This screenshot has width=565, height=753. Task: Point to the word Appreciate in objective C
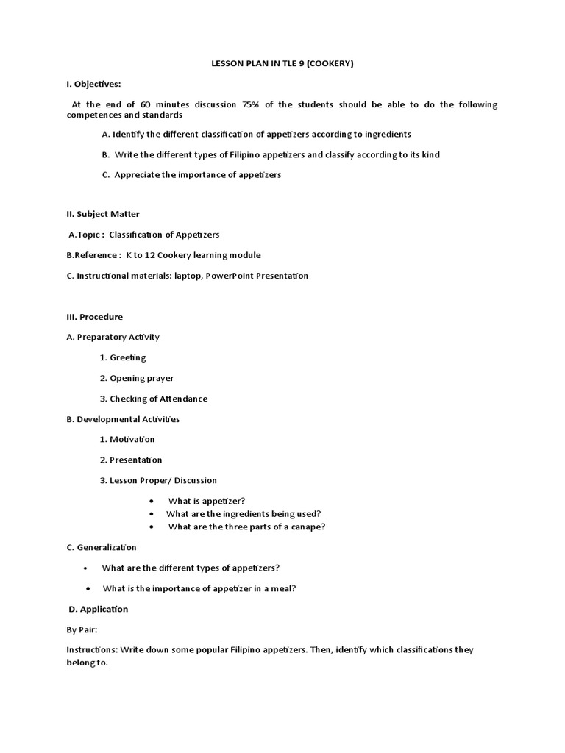coord(138,175)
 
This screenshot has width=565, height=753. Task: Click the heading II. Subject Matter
coord(103,214)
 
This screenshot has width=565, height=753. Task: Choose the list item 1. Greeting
coord(123,357)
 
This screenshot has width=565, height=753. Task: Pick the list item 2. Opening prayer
coord(137,378)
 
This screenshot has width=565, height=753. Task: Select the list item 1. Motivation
coord(127,439)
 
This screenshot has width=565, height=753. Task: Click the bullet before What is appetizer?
coord(152,501)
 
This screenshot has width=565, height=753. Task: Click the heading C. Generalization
coord(102,547)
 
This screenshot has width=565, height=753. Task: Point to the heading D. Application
coord(99,609)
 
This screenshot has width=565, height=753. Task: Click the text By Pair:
coord(82,630)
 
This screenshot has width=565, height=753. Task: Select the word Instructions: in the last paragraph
coord(92,650)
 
